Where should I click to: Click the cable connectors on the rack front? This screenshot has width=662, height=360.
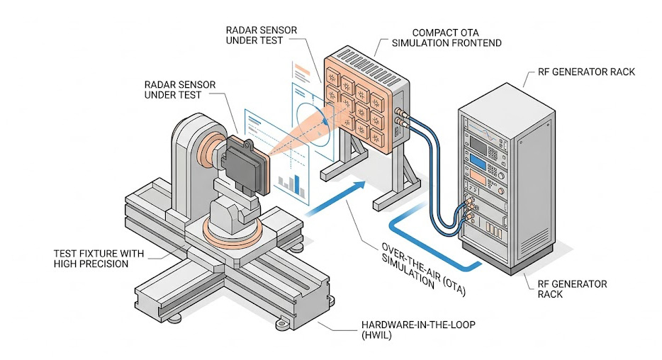pos(469,206)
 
